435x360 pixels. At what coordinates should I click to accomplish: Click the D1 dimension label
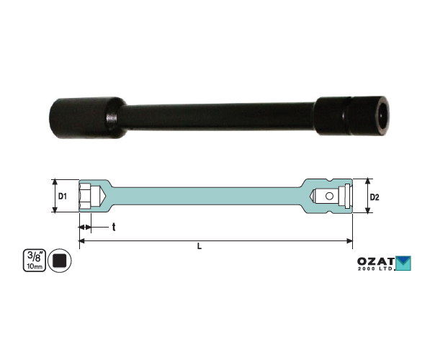click(63, 197)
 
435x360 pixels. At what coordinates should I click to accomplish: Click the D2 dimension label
click(375, 197)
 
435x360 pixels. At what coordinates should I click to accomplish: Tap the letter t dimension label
click(114, 227)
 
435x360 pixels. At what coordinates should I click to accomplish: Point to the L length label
click(199, 246)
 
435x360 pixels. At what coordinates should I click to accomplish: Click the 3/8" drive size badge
click(35, 260)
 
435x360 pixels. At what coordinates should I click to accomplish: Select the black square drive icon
click(60, 261)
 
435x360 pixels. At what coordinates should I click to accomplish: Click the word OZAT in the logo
click(376, 261)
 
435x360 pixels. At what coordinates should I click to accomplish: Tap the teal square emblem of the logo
click(403, 264)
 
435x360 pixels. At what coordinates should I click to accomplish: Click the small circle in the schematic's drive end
click(329, 196)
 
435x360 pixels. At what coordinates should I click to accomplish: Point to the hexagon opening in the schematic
click(84, 196)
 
